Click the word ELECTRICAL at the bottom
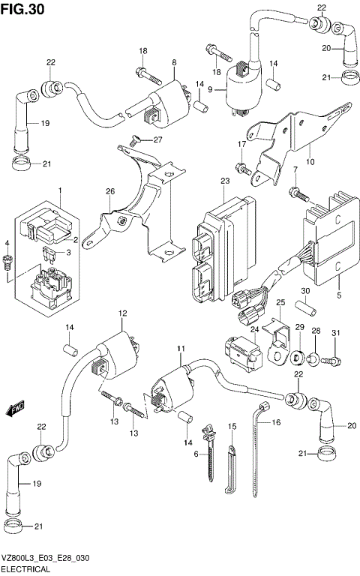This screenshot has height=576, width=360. click(26, 570)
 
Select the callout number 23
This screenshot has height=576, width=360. click(223, 181)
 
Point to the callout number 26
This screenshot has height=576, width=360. click(109, 192)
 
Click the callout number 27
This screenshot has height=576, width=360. click(157, 140)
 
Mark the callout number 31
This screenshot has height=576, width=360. click(336, 333)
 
